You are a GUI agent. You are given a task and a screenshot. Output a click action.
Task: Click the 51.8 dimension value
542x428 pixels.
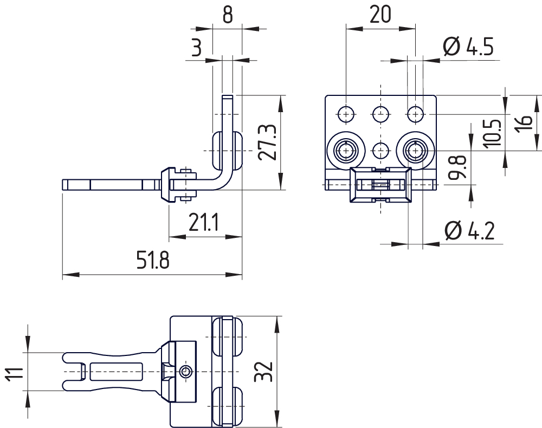point(153,262)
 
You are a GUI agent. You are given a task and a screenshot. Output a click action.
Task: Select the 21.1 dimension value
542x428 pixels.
point(203,222)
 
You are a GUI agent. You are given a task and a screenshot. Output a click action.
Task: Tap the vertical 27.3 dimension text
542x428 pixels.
point(267,142)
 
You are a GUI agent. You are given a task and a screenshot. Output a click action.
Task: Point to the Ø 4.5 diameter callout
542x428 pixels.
point(468,48)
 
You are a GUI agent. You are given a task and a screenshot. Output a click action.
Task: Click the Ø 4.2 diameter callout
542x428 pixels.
point(469,231)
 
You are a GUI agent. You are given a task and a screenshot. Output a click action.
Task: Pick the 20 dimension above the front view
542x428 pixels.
point(380,15)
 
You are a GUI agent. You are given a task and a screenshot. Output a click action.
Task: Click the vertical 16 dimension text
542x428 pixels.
point(524,122)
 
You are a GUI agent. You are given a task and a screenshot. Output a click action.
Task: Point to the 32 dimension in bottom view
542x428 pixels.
point(263,371)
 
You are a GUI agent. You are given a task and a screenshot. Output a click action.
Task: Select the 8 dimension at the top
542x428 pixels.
point(227,15)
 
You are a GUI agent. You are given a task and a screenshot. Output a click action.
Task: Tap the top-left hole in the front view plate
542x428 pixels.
point(346,114)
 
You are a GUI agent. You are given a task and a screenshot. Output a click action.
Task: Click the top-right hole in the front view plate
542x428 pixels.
point(416,114)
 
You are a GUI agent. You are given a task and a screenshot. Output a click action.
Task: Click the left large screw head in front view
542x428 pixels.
point(346,149)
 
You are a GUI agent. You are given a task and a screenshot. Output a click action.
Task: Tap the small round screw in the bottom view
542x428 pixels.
point(186,372)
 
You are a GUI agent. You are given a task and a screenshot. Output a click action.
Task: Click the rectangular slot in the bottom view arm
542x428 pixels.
point(116,372)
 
